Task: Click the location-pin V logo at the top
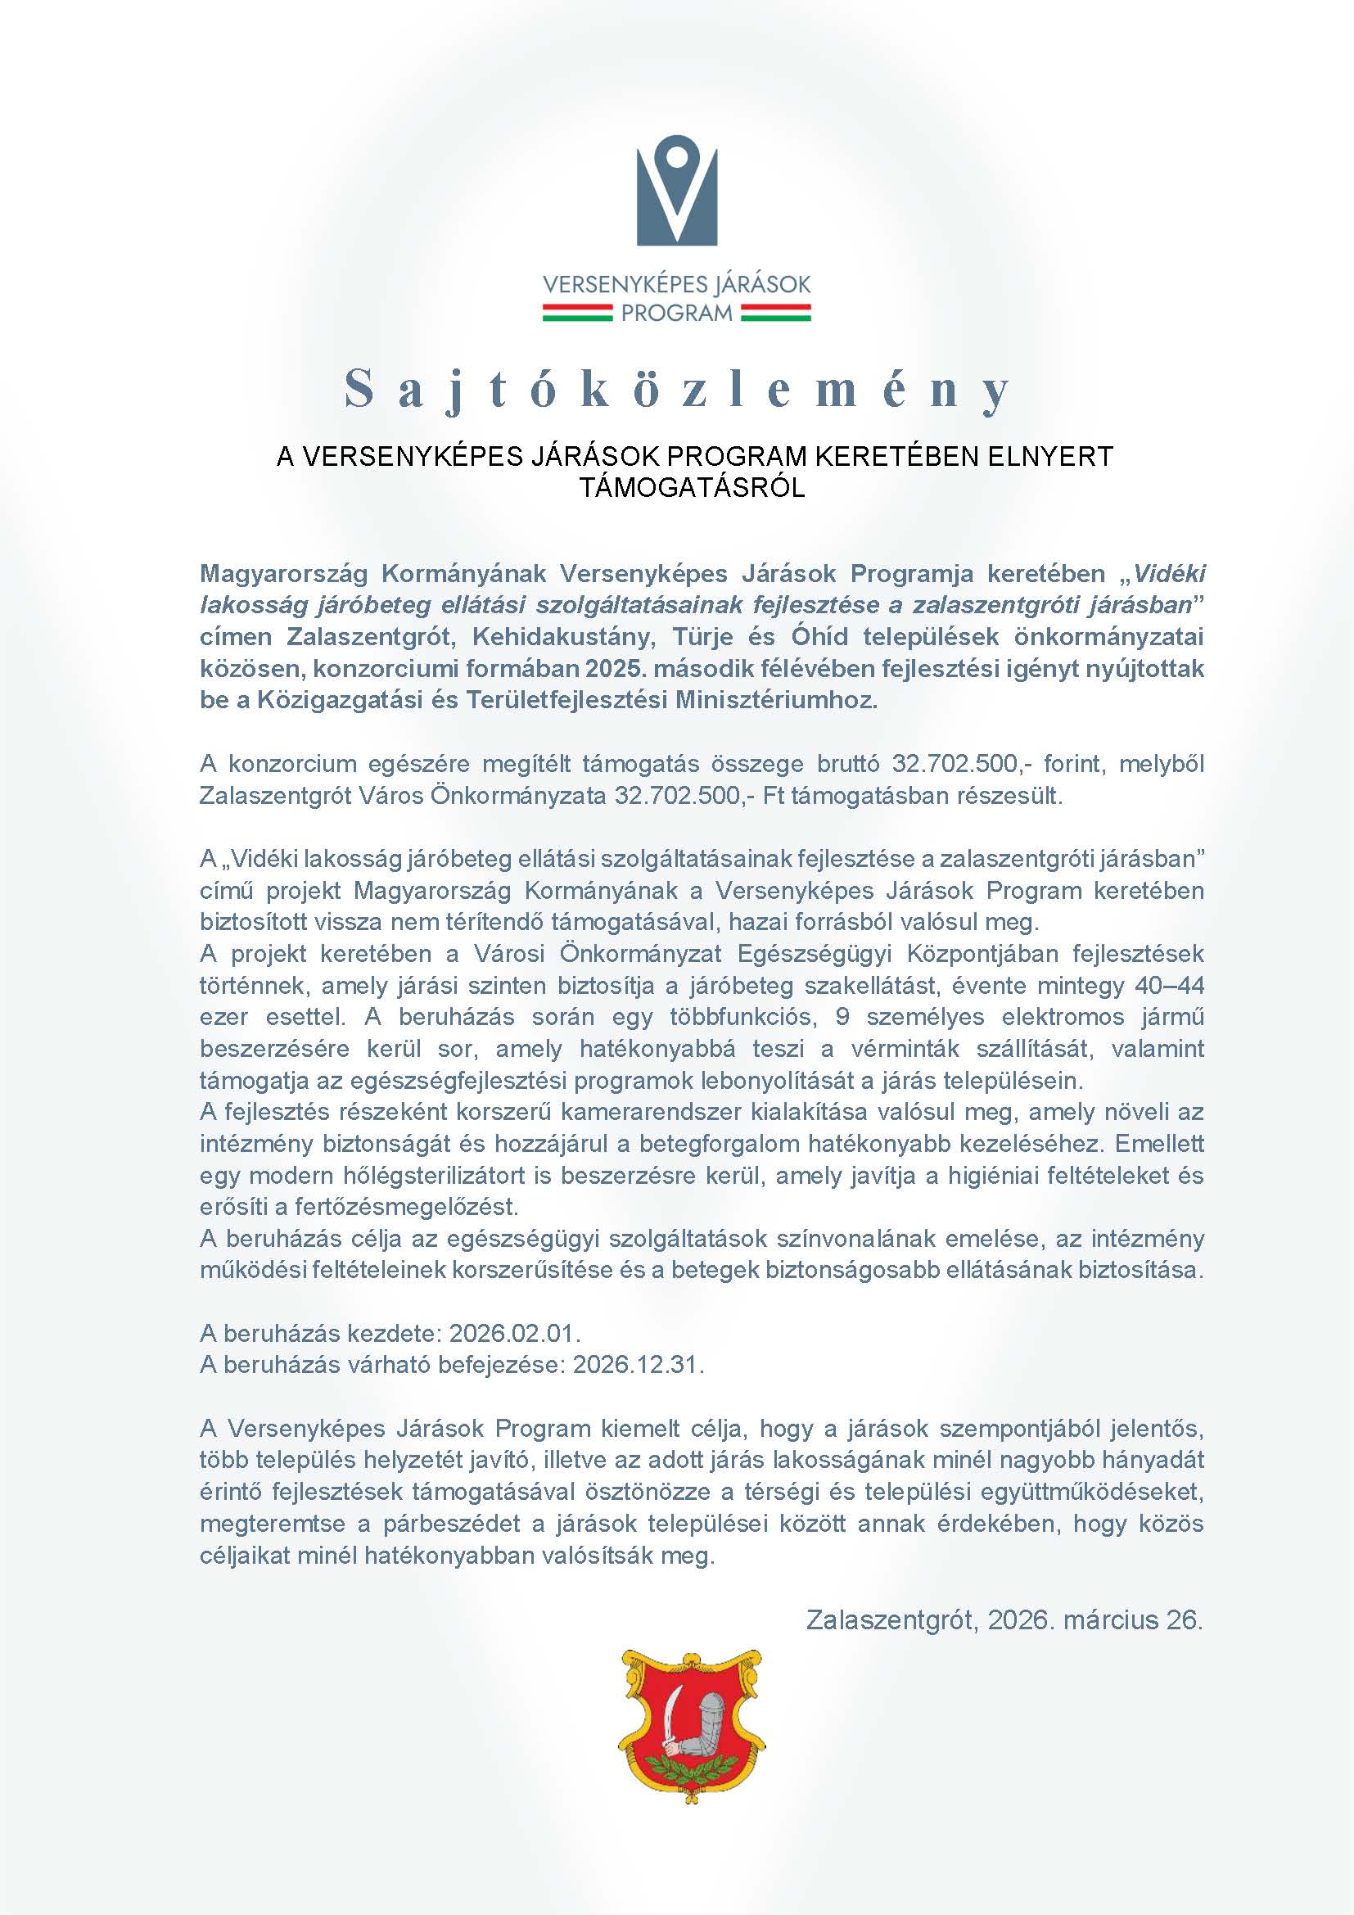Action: pyautogui.click(x=676, y=196)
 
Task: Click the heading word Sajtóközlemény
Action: pyautogui.click(x=677, y=390)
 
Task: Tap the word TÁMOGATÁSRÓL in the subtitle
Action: pyautogui.click(x=692, y=488)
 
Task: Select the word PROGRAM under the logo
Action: pyautogui.click(x=677, y=314)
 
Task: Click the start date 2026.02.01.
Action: pyautogui.click(x=514, y=1334)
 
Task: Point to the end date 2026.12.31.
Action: pyautogui.click(x=639, y=1366)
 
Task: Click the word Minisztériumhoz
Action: pyautogui.click(x=776, y=700)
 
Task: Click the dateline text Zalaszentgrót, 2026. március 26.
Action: pyautogui.click(x=1004, y=1619)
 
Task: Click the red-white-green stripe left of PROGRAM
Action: pyautogui.click(x=579, y=313)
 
